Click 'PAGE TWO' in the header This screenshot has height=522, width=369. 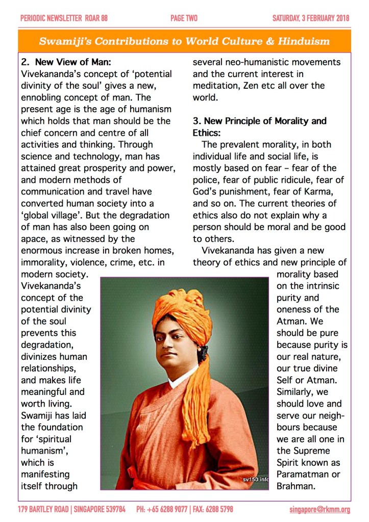pos(184,18)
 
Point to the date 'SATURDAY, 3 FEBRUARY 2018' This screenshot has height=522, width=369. pos(310,18)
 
